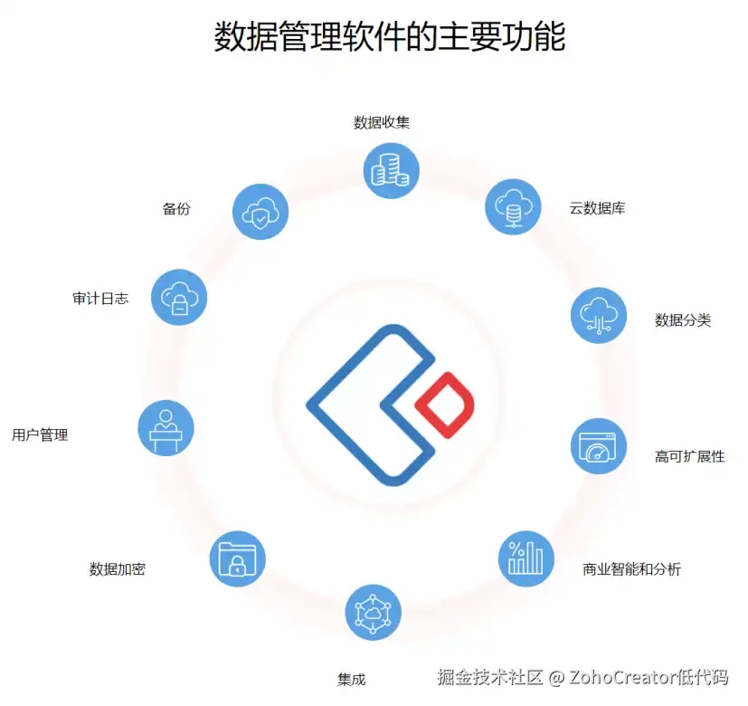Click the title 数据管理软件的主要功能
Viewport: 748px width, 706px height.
tap(389, 38)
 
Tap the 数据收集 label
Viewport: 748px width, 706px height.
tap(382, 122)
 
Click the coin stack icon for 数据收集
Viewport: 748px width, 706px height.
tap(391, 169)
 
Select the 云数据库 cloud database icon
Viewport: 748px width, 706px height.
tap(513, 206)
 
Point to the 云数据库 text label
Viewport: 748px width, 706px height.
tap(597, 208)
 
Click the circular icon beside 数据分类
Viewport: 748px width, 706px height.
tap(599, 315)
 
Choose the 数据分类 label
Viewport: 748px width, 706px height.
tap(683, 320)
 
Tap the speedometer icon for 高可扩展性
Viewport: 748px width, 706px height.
tap(599, 445)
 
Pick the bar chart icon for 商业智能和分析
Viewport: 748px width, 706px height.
tap(526, 558)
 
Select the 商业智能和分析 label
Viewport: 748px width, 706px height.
tap(632, 569)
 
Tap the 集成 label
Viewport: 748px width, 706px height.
tap(351, 680)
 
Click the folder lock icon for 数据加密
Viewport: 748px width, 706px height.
tap(237, 558)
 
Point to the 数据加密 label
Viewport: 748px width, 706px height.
tap(118, 569)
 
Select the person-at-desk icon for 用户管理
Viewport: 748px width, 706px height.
tap(166, 427)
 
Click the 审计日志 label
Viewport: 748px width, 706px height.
tap(100, 298)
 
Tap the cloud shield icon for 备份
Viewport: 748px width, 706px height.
tap(260, 212)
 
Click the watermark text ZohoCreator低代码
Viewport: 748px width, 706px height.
tap(649, 677)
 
